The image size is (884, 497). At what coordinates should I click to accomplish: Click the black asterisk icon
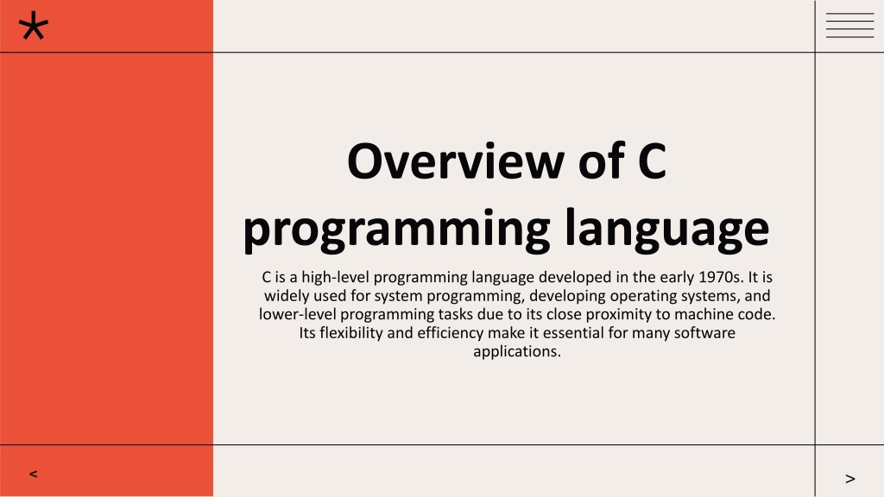(x=34, y=26)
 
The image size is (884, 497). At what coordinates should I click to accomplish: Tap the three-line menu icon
(x=849, y=25)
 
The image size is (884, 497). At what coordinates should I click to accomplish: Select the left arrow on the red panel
(x=34, y=474)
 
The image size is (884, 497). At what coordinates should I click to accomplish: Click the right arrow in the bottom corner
(x=850, y=479)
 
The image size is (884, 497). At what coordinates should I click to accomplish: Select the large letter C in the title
(x=652, y=161)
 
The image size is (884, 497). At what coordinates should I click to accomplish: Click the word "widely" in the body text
(x=287, y=297)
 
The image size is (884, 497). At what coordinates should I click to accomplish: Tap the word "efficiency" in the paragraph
(x=450, y=333)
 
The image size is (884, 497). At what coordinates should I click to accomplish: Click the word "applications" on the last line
(x=515, y=352)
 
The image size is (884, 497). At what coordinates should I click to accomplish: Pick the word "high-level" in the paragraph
(x=335, y=277)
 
